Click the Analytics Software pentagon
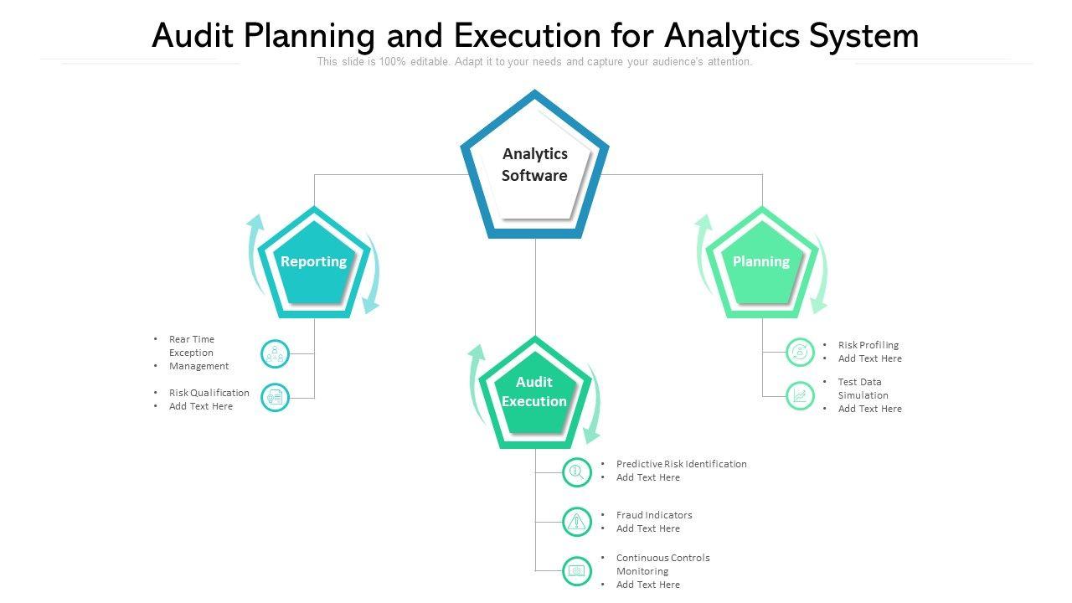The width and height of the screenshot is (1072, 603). click(534, 166)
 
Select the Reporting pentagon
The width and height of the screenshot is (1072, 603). click(314, 263)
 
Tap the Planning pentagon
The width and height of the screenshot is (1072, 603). click(761, 263)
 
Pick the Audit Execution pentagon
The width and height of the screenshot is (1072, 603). click(534, 393)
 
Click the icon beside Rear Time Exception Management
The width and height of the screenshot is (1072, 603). click(275, 353)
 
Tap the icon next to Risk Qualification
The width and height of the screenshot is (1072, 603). click(275, 398)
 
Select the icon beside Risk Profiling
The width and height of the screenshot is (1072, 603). click(800, 352)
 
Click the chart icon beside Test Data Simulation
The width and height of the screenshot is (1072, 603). click(800, 395)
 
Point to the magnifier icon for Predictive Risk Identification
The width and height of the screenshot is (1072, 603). click(576, 472)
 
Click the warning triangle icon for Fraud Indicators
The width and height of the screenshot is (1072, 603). click(576, 522)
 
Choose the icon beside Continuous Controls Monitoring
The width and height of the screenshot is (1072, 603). click(576, 570)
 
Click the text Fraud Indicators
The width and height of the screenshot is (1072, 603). click(654, 515)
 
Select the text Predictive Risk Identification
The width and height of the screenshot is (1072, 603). click(681, 464)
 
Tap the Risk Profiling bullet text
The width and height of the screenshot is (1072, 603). click(868, 345)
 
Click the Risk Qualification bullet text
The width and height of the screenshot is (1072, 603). click(209, 393)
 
